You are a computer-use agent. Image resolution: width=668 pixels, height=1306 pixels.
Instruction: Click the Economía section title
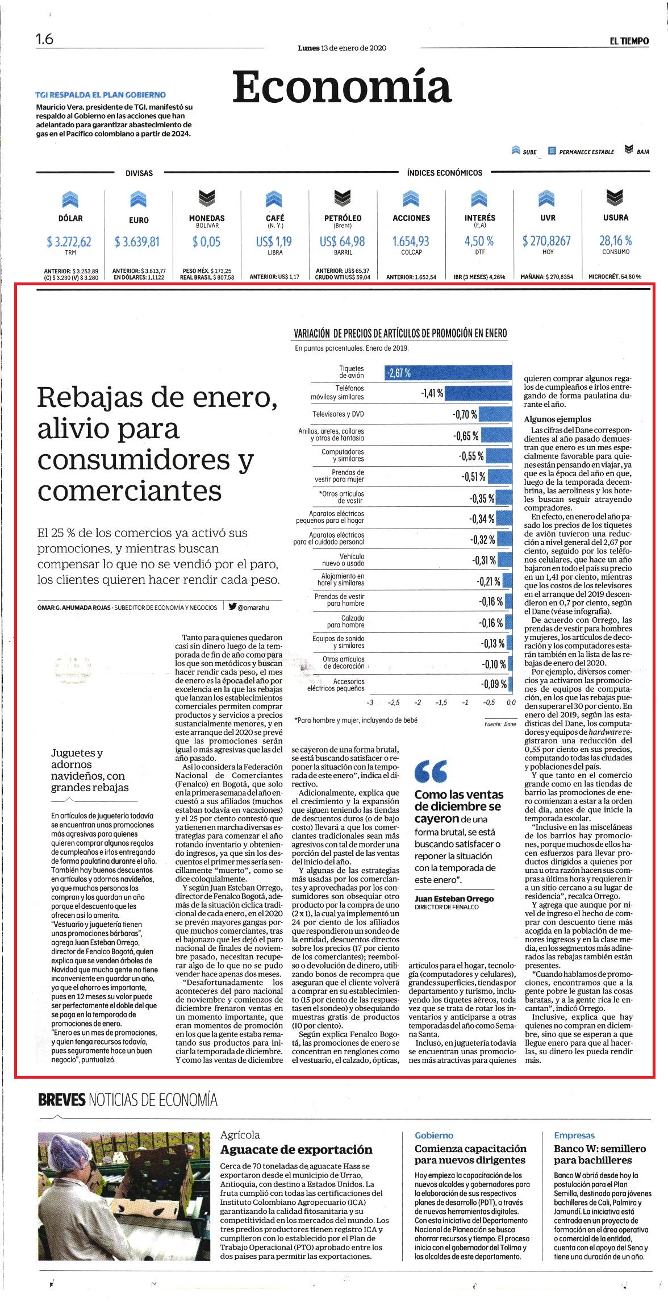pyautogui.click(x=341, y=87)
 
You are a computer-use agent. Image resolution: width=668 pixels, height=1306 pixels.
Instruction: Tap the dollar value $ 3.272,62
pyautogui.click(x=69, y=242)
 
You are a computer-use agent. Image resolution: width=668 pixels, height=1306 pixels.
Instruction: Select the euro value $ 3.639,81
pyautogui.click(x=137, y=242)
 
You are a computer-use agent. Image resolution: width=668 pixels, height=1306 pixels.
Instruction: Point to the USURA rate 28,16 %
pyautogui.click(x=615, y=240)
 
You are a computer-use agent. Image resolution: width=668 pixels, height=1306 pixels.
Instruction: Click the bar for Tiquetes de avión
pyautogui.click(x=448, y=372)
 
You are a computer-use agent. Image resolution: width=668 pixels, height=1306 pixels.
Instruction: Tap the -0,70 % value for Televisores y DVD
pyautogui.click(x=465, y=414)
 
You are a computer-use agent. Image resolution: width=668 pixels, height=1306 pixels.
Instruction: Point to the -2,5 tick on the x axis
pyautogui.click(x=394, y=702)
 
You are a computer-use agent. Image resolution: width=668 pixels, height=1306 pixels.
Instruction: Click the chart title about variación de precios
pyautogui.click(x=400, y=333)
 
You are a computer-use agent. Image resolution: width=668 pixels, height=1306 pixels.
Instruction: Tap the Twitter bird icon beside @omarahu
pyautogui.click(x=232, y=606)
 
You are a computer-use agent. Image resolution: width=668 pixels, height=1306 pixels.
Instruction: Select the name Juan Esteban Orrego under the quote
pyautogui.click(x=454, y=899)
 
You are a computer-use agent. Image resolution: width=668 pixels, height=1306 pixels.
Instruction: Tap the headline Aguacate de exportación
pyautogui.click(x=296, y=1149)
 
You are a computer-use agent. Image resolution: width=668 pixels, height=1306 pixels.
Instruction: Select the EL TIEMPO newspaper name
pyautogui.click(x=629, y=41)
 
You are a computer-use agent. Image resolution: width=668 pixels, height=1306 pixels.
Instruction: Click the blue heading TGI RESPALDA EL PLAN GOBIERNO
pyautogui.click(x=101, y=95)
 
